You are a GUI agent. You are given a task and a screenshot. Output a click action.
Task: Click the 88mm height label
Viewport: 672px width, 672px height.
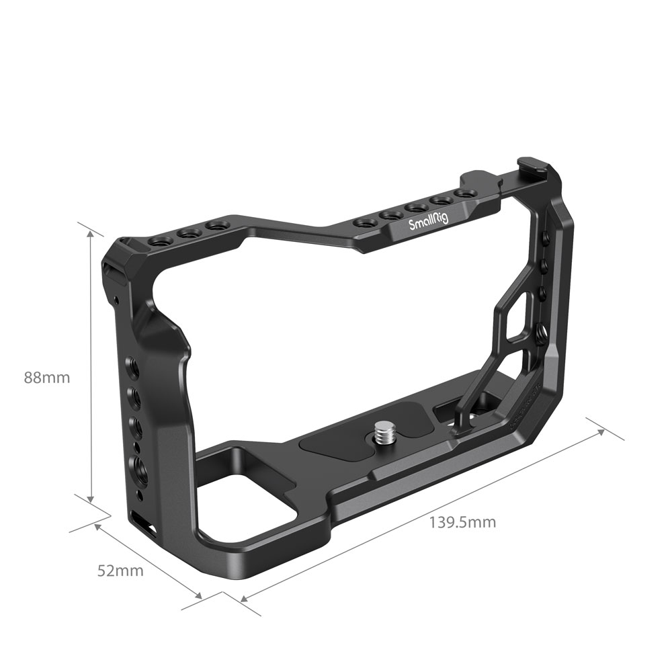[x=47, y=378]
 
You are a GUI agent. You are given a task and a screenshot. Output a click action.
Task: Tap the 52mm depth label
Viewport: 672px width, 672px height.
[x=120, y=571]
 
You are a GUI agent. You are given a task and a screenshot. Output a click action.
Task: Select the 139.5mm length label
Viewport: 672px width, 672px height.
[x=462, y=522]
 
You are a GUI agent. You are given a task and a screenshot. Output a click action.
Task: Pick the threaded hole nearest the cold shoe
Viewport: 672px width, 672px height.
[x=462, y=194]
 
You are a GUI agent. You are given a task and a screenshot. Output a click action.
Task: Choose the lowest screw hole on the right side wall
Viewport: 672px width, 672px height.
[x=542, y=331]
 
